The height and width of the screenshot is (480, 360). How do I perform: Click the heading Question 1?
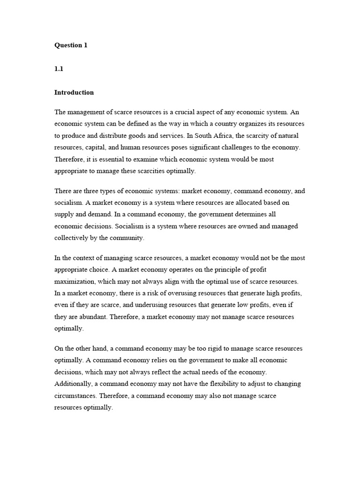coord(71,45)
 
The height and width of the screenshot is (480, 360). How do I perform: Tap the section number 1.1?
coord(59,69)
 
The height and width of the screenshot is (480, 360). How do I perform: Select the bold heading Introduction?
coord(74,92)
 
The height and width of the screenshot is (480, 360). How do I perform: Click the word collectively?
coord(72,238)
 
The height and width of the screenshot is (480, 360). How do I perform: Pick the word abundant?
coord(90,316)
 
